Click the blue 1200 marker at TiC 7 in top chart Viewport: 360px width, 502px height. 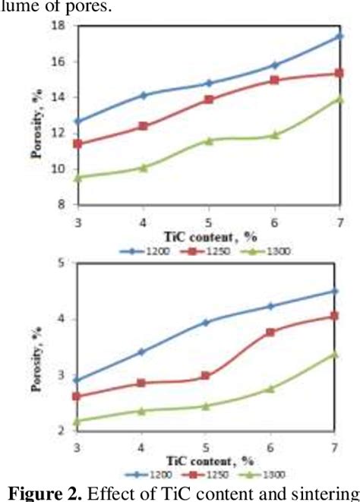339,36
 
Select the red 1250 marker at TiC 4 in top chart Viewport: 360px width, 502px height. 142,126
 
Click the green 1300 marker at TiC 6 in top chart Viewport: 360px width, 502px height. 274,135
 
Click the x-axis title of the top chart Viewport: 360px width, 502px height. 207,236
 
